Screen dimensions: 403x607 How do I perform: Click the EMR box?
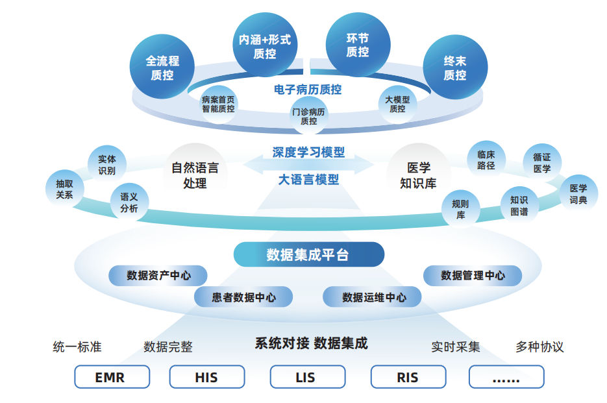point(112,377)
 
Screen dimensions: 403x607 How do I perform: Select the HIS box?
point(206,377)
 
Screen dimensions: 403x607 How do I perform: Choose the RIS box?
point(408,377)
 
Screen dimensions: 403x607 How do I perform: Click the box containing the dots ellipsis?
point(506,377)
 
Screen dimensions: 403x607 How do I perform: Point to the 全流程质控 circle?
point(162,68)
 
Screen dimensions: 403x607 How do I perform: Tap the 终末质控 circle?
point(455,68)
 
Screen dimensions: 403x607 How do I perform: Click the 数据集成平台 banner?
point(308,255)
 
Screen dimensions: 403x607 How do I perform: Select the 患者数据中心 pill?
point(243,297)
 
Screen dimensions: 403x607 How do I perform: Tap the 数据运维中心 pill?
point(373,297)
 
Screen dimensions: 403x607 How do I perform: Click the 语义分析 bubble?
point(129,203)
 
